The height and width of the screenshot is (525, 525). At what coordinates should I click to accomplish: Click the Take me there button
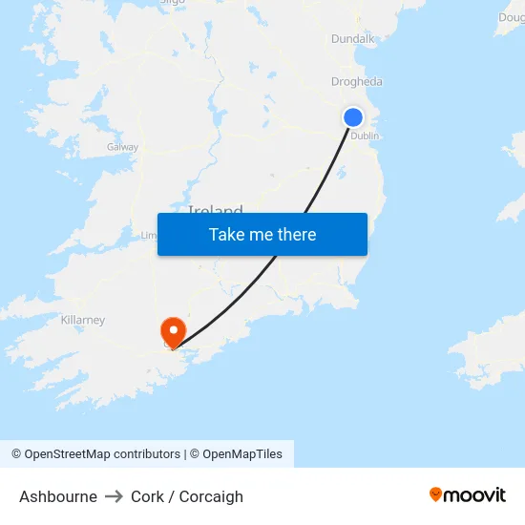tap(262, 235)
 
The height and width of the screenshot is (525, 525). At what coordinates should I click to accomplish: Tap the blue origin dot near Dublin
tap(353, 117)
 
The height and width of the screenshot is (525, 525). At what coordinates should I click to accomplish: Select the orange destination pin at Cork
tap(174, 331)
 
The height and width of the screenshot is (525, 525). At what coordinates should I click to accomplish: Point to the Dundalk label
tap(352, 39)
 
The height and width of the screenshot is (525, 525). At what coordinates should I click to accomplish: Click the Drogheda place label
tap(356, 82)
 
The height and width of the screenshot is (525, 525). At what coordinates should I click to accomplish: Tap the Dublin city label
tap(365, 136)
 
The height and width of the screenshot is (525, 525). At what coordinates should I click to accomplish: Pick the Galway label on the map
tap(122, 147)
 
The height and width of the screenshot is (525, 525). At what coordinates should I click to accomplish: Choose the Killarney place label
tap(83, 320)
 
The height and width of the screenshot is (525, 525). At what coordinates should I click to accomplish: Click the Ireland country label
tap(216, 209)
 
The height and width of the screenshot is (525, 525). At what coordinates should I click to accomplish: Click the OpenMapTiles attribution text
tap(241, 454)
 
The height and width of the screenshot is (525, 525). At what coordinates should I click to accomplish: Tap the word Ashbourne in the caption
tap(58, 496)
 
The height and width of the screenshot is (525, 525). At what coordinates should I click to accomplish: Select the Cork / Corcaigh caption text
tap(187, 496)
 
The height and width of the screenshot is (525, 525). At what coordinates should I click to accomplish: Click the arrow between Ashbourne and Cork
tap(115, 496)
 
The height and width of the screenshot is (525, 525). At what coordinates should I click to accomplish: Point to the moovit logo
tap(467, 494)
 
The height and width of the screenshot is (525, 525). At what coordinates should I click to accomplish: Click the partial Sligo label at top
tap(172, 3)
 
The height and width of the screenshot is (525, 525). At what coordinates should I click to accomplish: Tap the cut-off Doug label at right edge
tap(511, 17)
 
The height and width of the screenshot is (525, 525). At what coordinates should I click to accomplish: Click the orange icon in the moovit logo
tap(436, 494)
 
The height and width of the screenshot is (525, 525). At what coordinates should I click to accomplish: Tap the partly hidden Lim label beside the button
tap(149, 235)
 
